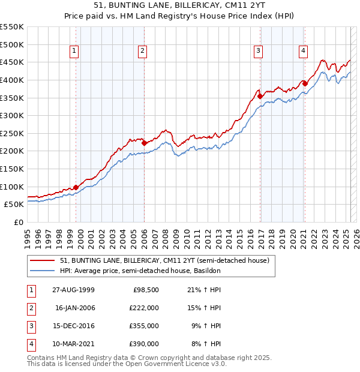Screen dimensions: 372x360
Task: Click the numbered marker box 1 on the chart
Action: (x=74, y=52)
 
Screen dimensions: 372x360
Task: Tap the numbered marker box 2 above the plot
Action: (x=142, y=52)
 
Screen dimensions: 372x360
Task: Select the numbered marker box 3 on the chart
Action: (x=258, y=52)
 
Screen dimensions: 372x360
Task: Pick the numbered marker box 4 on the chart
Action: (x=304, y=52)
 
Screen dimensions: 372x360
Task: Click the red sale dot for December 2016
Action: (x=260, y=96)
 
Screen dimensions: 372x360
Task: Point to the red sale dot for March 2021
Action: (x=305, y=83)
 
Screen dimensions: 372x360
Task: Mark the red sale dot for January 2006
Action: (x=144, y=143)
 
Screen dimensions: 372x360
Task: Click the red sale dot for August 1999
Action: (x=76, y=187)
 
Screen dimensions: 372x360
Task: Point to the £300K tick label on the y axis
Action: (x=12, y=115)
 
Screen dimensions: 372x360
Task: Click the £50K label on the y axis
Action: (x=14, y=204)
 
